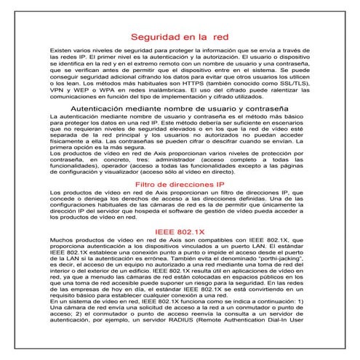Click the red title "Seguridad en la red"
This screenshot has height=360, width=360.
tap(180, 36)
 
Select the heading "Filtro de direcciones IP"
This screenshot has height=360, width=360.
tap(180, 185)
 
